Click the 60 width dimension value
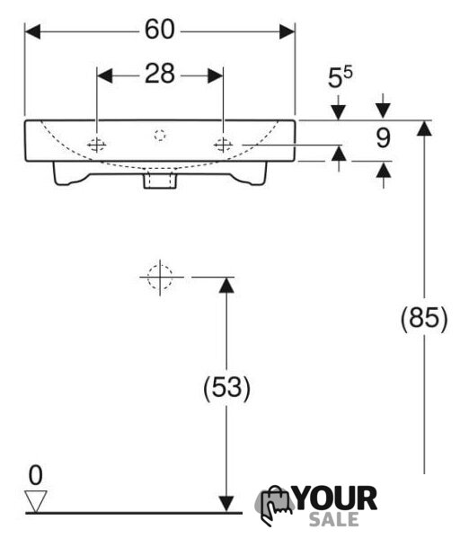point(160,30)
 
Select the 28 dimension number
point(160,74)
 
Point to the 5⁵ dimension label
point(340,77)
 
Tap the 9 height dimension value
point(383,138)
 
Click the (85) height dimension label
point(424,319)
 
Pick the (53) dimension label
point(227,388)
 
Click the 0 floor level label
point(36,475)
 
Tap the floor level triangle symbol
point(36,501)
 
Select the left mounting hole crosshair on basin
point(97,145)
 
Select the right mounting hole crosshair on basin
point(223,145)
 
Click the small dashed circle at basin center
point(160,135)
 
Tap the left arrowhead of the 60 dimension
point(32,31)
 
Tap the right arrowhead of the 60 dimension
point(287,31)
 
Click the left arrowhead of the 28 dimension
point(105,75)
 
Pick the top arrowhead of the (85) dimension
point(425,128)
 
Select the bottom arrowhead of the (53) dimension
point(226,505)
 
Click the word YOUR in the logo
point(336,498)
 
